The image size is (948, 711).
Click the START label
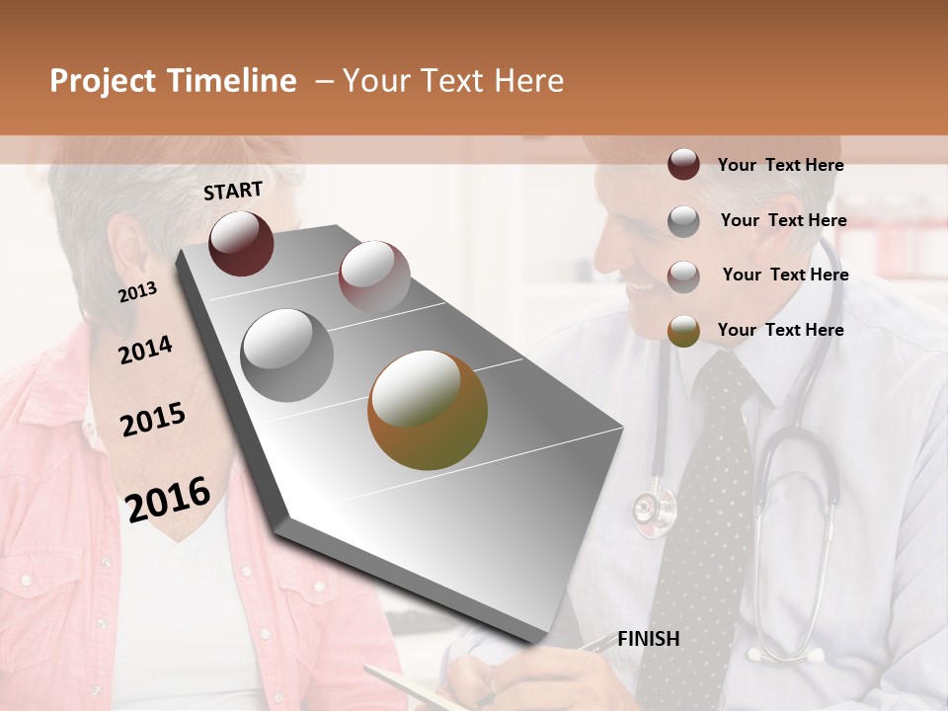point(233,191)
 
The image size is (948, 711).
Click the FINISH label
point(649,639)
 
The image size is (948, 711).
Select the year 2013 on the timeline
point(137,292)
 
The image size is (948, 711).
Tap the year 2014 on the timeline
point(145,351)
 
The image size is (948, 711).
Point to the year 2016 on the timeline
point(168,500)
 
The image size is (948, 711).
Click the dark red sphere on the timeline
point(241,243)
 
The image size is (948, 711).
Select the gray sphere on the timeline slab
point(287,355)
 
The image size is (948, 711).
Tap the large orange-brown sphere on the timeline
point(428,410)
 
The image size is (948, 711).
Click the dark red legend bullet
point(683,165)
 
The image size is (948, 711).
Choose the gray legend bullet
point(683,221)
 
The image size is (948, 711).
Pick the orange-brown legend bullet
point(683,331)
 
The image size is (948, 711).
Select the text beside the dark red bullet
point(780,165)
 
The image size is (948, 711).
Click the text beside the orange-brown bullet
point(780,330)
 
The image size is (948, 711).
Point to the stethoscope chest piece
point(655,509)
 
